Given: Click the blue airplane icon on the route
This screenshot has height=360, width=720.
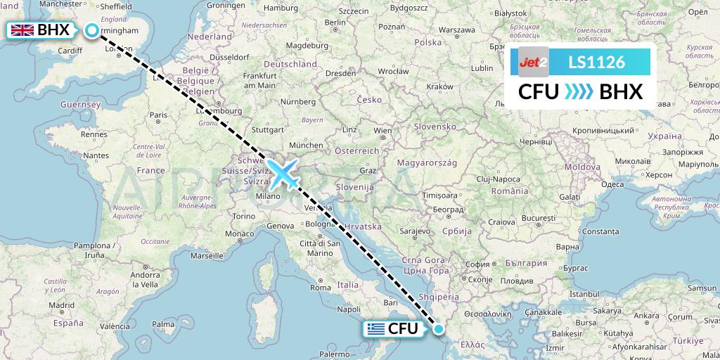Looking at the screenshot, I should click(x=284, y=174).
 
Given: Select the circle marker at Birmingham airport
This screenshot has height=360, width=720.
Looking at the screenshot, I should click(x=92, y=30).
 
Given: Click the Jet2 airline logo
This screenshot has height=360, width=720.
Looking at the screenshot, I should click(x=533, y=63).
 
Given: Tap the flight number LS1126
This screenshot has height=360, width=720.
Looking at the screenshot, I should click(x=596, y=63).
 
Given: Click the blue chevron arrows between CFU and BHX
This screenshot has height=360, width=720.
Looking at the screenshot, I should click(x=579, y=92).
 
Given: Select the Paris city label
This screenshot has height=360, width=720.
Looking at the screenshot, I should click(x=158, y=115).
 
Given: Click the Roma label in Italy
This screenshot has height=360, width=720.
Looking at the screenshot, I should click(x=320, y=288).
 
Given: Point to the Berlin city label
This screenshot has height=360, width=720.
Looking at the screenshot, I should click(x=335, y=22).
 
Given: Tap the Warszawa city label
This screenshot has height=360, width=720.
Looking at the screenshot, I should click(x=458, y=30).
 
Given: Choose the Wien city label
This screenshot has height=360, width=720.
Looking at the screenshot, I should click(x=382, y=131).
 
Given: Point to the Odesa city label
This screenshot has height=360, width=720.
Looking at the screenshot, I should click(x=612, y=184).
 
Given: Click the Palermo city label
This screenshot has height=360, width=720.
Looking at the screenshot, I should click(x=334, y=354).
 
